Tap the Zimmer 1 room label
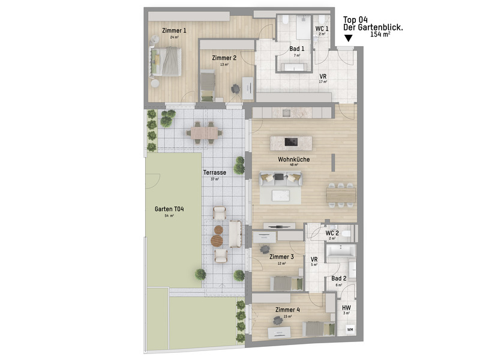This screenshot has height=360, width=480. point(175,31)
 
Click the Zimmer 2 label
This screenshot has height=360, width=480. point(224,58)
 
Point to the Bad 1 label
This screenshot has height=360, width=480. point(296,49)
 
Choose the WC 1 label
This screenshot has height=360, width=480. point(322,29)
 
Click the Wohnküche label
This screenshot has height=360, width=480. point(294,160)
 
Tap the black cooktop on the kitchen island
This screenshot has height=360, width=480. point(291,142)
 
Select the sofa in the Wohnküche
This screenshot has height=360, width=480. point(280,178)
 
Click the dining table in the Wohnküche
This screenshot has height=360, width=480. point(341,195)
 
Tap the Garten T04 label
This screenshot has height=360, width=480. point(169,209)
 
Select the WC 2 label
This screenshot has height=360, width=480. point(332,233)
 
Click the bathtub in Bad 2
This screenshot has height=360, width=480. point(340,251)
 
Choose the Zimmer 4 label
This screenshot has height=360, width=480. point(287,310)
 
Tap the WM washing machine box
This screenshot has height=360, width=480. point(349,329)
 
